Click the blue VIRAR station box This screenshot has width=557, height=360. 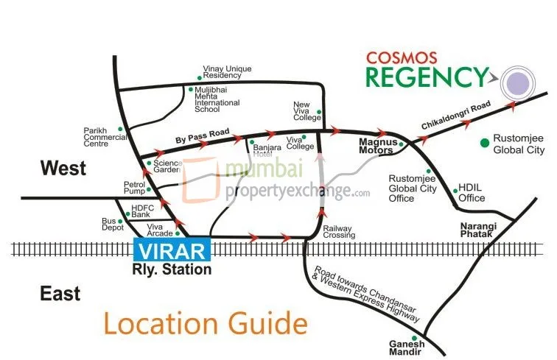172,250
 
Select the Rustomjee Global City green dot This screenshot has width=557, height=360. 485,142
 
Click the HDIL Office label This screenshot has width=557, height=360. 472,194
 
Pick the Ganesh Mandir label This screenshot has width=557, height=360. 407,347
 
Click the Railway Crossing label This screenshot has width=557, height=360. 339,232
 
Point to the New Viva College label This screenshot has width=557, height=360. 307,111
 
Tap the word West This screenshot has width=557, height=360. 63,169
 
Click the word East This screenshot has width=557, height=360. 60,294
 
